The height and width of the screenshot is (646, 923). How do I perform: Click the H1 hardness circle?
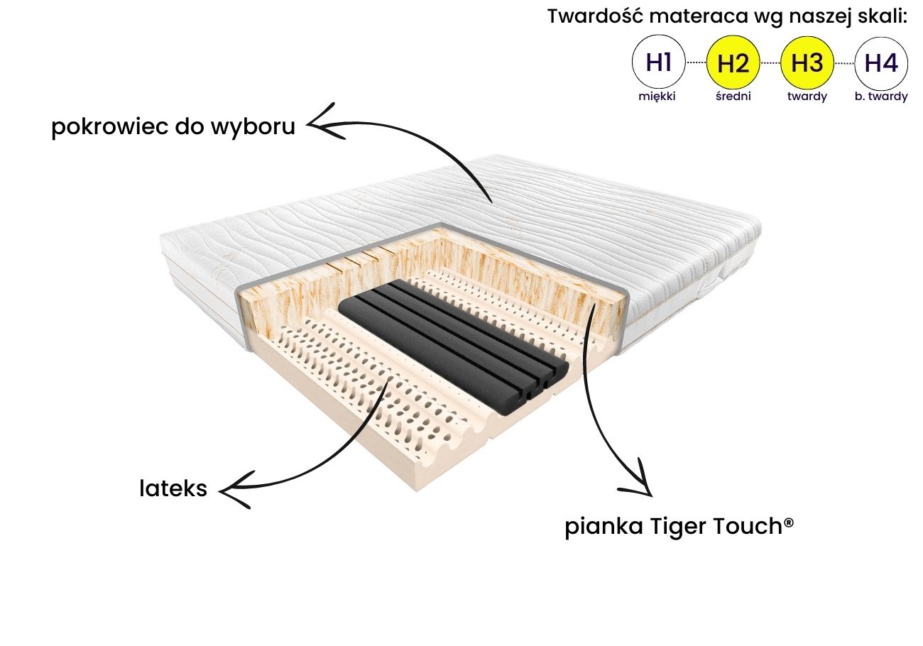click(659, 63)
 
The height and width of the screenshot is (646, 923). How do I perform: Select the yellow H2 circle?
click(733, 63)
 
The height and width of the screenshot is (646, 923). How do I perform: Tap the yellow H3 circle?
click(807, 63)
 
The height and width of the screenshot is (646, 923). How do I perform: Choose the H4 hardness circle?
click(881, 63)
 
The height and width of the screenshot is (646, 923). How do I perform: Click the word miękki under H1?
click(658, 97)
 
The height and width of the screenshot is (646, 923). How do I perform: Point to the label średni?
click(733, 97)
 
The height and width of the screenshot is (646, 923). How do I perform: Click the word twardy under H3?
click(807, 97)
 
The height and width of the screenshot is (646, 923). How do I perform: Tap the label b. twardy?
click(880, 97)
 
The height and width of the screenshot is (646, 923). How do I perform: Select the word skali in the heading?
click(881, 17)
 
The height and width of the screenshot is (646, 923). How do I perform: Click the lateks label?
click(173, 488)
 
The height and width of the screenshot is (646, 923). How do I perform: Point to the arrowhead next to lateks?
click(233, 491)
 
